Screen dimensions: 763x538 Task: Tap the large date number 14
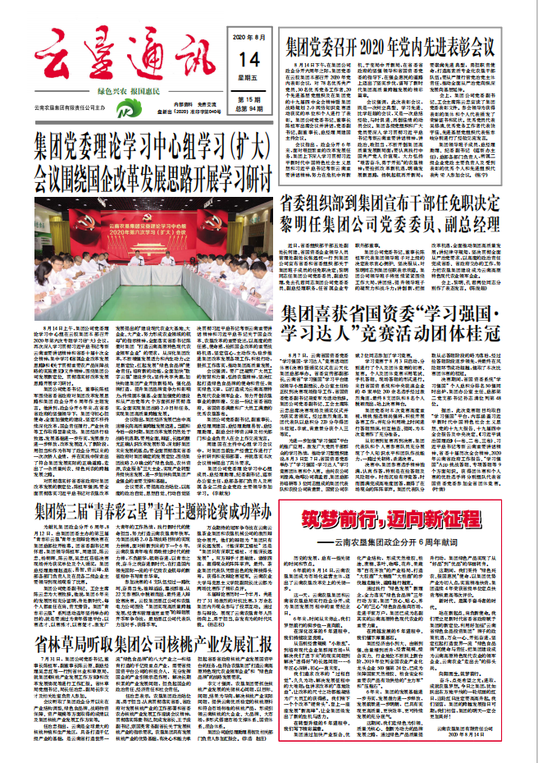point(248,58)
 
